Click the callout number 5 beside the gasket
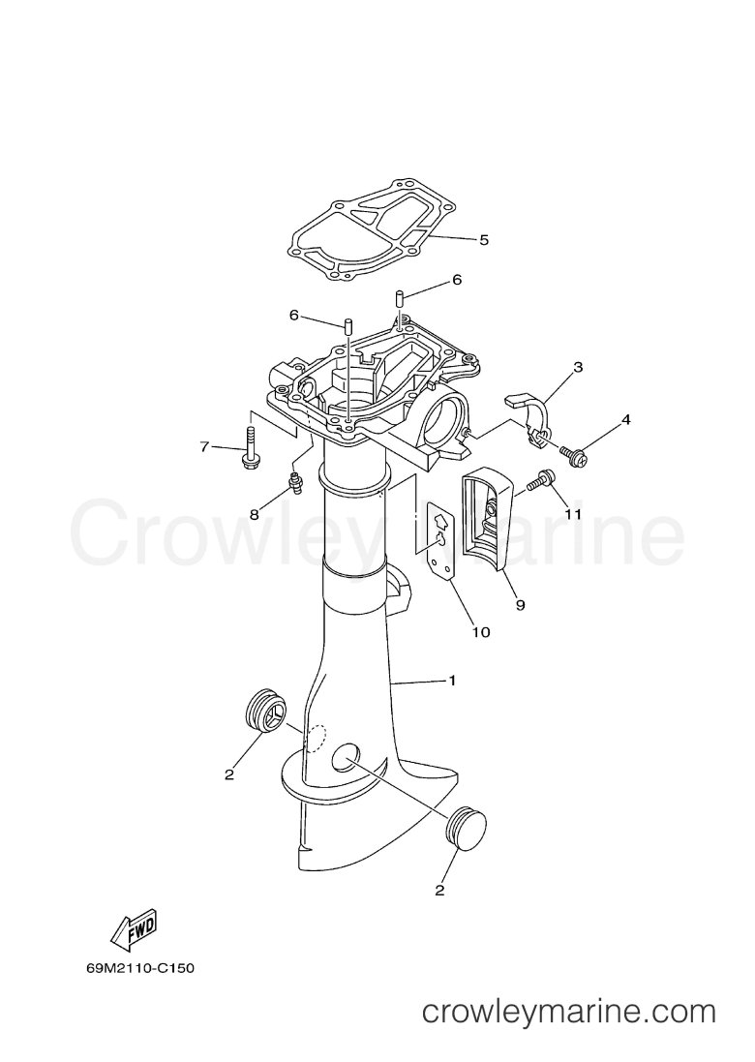click(483, 240)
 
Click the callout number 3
click(578, 368)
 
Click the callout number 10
click(481, 632)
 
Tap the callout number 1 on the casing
click(452, 680)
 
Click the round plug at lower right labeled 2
click(468, 827)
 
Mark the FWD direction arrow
click(136, 930)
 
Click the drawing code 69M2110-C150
click(139, 968)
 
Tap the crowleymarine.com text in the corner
click(569, 1014)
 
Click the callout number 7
click(204, 446)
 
